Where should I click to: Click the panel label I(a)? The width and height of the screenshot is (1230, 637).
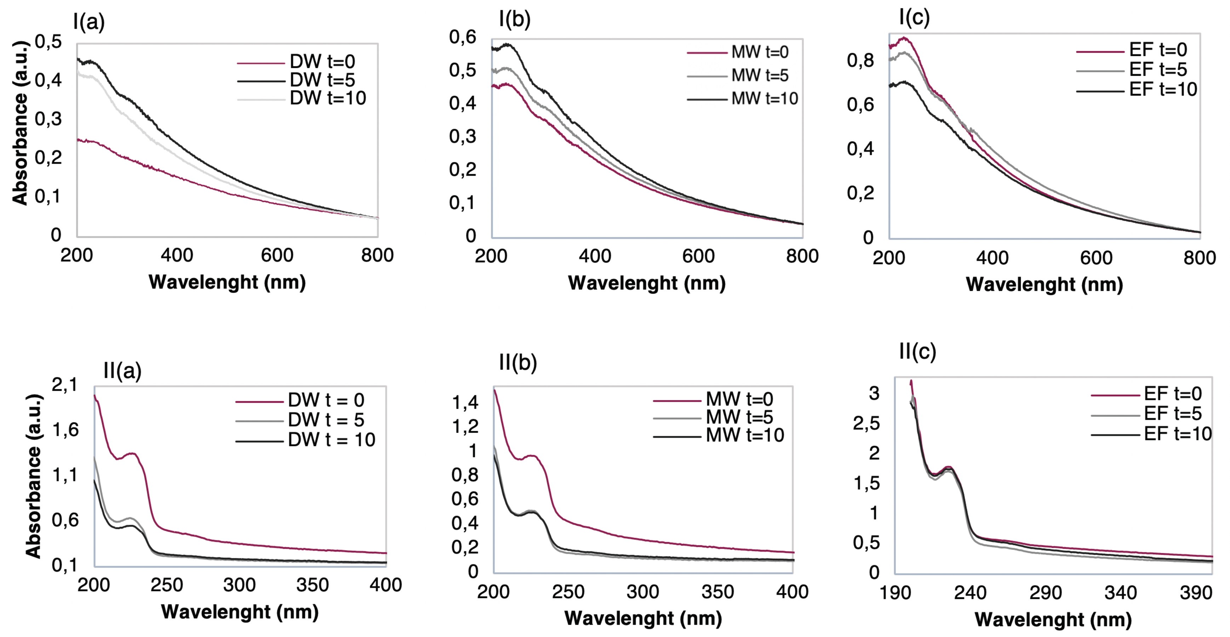pos(89,22)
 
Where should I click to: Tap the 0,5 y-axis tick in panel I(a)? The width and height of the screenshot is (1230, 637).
pos(48,42)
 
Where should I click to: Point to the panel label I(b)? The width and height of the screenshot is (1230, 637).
pos(514,19)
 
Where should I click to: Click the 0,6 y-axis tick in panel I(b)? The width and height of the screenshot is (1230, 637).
pos(462,37)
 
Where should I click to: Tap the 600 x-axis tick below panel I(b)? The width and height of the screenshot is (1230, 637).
pos(698,257)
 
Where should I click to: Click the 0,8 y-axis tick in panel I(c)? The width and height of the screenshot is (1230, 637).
pos(860,61)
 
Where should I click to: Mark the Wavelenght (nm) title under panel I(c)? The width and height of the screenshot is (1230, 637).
pos(1044,285)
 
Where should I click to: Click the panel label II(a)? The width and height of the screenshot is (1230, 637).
pos(122,371)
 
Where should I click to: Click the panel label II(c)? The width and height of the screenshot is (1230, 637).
pos(917,352)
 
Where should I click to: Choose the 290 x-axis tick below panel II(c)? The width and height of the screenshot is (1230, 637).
pos(1045,593)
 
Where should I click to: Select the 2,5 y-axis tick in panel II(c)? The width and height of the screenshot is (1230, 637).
pos(866,423)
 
